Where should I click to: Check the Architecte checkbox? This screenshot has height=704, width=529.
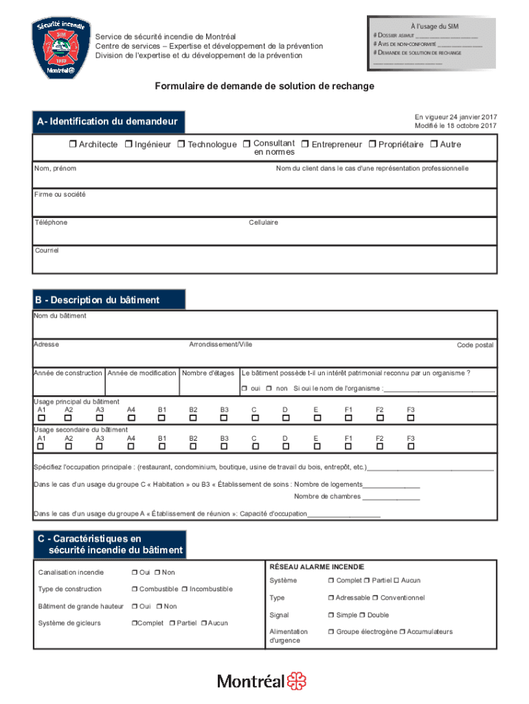[x=72, y=144]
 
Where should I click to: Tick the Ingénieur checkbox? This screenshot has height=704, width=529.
[x=128, y=144]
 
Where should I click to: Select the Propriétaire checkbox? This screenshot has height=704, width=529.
[x=372, y=144]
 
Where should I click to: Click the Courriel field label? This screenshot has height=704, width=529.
[x=47, y=251]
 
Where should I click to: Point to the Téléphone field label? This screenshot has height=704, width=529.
[x=51, y=223]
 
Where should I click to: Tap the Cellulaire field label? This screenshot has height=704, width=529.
[x=263, y=223]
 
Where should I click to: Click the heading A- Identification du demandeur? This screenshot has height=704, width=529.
[x=108, y=122]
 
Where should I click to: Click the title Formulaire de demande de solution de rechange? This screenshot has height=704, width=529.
[x=264, y=86]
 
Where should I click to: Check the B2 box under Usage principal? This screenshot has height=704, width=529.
[x=193, y=418]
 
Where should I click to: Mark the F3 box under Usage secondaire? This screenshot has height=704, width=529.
[x=411, y=446]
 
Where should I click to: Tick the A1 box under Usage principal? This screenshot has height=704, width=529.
[x=41, y=418]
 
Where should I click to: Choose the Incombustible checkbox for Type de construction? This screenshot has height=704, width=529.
[x=185, y=589]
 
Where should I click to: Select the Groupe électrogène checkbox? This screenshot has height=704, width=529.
[x=331, y=632]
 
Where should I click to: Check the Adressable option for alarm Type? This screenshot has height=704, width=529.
[x=331, y=598]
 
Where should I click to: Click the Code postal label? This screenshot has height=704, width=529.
[x=475, y=345]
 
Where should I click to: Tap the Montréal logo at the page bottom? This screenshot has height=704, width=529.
[x=262, y=681]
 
